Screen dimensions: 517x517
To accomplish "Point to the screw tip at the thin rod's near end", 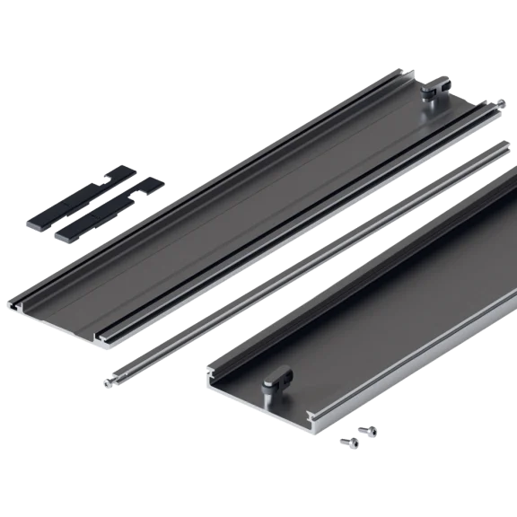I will click(109, 381).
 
